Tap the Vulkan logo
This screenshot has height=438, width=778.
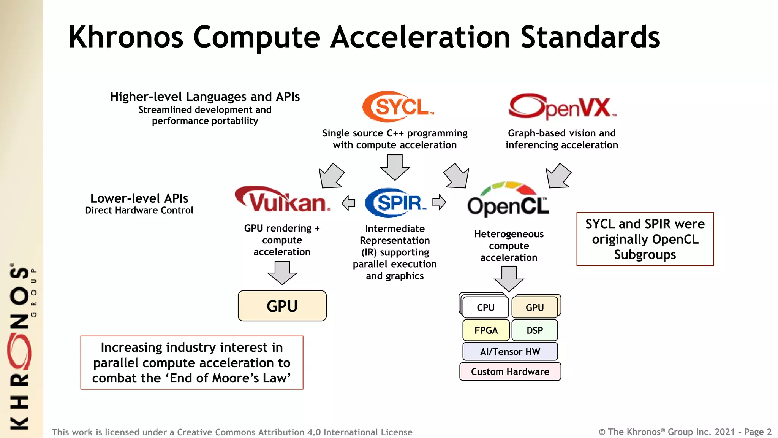point(283,200)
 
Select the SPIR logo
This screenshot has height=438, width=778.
point(395,203)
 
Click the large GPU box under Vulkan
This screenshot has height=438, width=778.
point(282,306)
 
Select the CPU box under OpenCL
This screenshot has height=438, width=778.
point(485,307)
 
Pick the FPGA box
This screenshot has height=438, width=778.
point(486,330)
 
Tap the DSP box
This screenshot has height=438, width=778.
point(534,330)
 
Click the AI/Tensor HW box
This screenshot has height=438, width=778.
point(510,352)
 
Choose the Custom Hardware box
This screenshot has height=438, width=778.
point(510,371)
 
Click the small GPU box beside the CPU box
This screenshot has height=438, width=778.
point(534,307)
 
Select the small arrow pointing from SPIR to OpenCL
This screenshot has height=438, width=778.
point(439,202)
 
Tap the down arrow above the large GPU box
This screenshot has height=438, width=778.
point(282,273)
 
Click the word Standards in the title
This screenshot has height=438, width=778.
point(590,37)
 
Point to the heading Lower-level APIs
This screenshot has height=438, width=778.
point(139,198)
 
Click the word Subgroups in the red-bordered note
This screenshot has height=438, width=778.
point(645,254)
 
